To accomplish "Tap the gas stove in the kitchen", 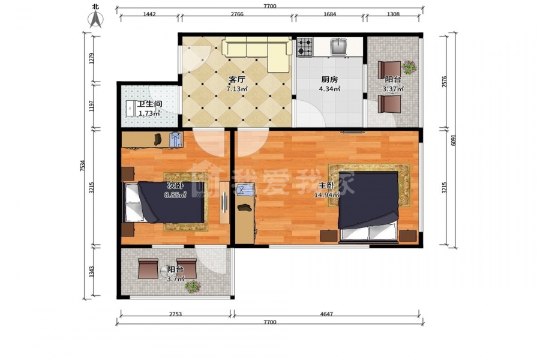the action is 305,47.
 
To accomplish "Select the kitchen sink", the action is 339,47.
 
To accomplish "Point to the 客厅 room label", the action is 237,80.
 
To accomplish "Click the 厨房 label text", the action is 329,80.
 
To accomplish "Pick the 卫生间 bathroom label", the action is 149,104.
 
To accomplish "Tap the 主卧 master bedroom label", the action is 326,185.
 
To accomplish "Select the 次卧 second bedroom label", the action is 175,185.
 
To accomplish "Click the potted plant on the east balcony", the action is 409,67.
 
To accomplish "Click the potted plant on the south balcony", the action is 193,287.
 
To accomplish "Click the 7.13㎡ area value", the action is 237,89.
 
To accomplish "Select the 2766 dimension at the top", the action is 237,14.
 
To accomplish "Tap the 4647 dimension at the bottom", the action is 326,314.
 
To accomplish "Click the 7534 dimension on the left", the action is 82,166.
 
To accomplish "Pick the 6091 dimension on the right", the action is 453,140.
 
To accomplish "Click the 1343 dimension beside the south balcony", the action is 91,271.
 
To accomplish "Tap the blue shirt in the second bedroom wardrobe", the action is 176,140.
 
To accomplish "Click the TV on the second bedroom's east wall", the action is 224,202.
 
